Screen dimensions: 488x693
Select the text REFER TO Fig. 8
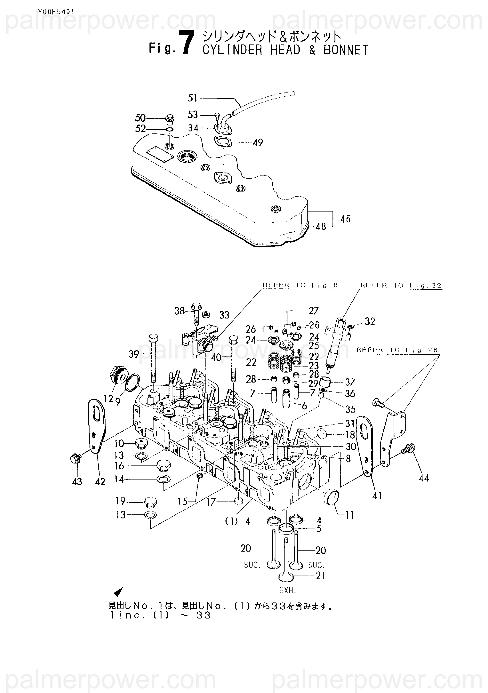[300, 285]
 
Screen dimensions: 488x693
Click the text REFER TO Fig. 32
[401, 285]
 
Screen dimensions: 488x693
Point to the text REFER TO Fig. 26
[397, 350]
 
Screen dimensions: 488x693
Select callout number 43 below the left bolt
[77, 481]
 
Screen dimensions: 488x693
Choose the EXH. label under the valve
[288, 590]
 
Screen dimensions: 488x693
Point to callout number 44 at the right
[424, 478]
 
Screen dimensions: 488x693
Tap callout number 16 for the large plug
[119, 466]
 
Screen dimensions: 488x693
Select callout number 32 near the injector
[370, 321]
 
